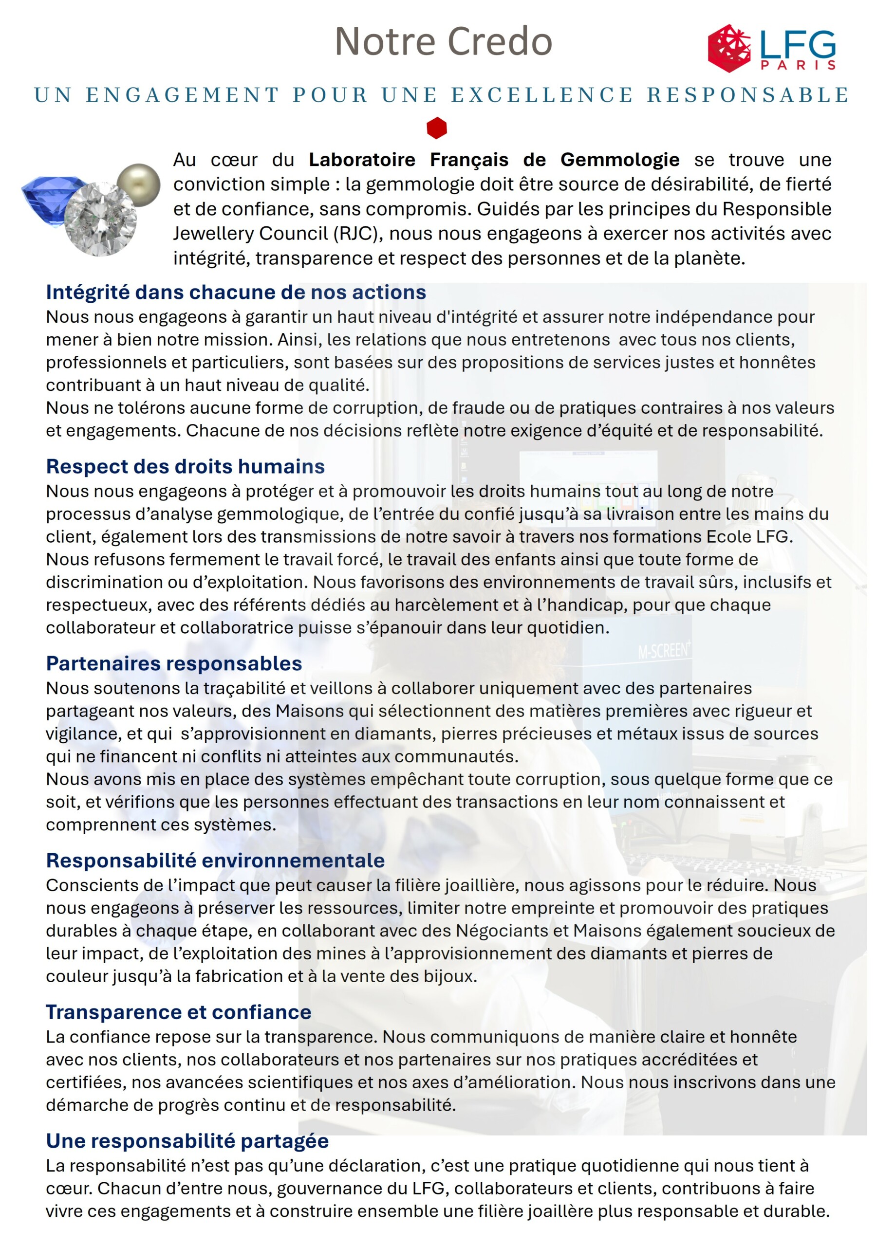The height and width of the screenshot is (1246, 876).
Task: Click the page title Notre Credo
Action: [x=443, y=42]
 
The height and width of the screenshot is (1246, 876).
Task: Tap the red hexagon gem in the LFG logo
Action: [x=729, y=48]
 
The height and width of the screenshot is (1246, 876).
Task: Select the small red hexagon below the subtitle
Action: [x=437, y=128]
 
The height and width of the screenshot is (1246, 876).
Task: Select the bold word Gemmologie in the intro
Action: [x=620, y=160]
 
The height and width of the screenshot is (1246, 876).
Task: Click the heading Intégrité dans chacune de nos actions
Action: [x=236, y=292]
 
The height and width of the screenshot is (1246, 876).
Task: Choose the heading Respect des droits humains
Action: [x=185, y=466]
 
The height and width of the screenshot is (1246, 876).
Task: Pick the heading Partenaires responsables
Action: [x=174, y=663]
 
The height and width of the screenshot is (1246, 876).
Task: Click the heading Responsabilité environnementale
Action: [x=215, y=860]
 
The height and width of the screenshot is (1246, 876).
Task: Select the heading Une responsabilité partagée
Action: [x=187, y=1141]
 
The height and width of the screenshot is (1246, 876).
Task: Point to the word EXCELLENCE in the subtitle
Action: [x=542, y=95]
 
